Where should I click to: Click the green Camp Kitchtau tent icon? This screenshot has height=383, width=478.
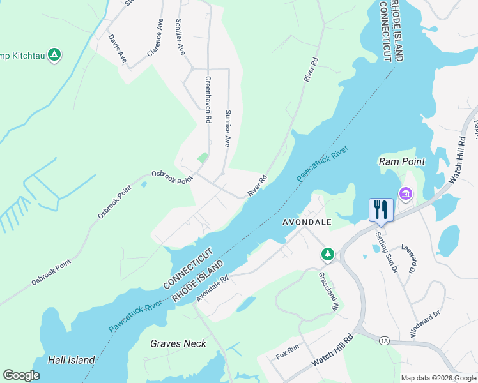55,55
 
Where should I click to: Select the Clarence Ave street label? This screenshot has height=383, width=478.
155,38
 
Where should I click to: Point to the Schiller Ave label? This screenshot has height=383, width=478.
181,36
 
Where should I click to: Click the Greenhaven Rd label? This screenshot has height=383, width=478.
208,100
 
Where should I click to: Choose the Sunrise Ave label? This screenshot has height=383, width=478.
227,128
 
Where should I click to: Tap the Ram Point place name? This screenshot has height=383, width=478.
402,161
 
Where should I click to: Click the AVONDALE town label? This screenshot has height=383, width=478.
307,222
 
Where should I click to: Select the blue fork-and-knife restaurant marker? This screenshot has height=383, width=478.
381,210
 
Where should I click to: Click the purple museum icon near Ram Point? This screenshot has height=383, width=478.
405,193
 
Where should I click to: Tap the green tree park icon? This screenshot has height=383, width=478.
327,255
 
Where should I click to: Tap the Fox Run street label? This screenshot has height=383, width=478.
287,349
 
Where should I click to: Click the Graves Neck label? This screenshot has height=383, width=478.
178,343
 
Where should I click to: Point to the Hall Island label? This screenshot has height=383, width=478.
72,360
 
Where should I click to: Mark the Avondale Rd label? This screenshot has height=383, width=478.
213,289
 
